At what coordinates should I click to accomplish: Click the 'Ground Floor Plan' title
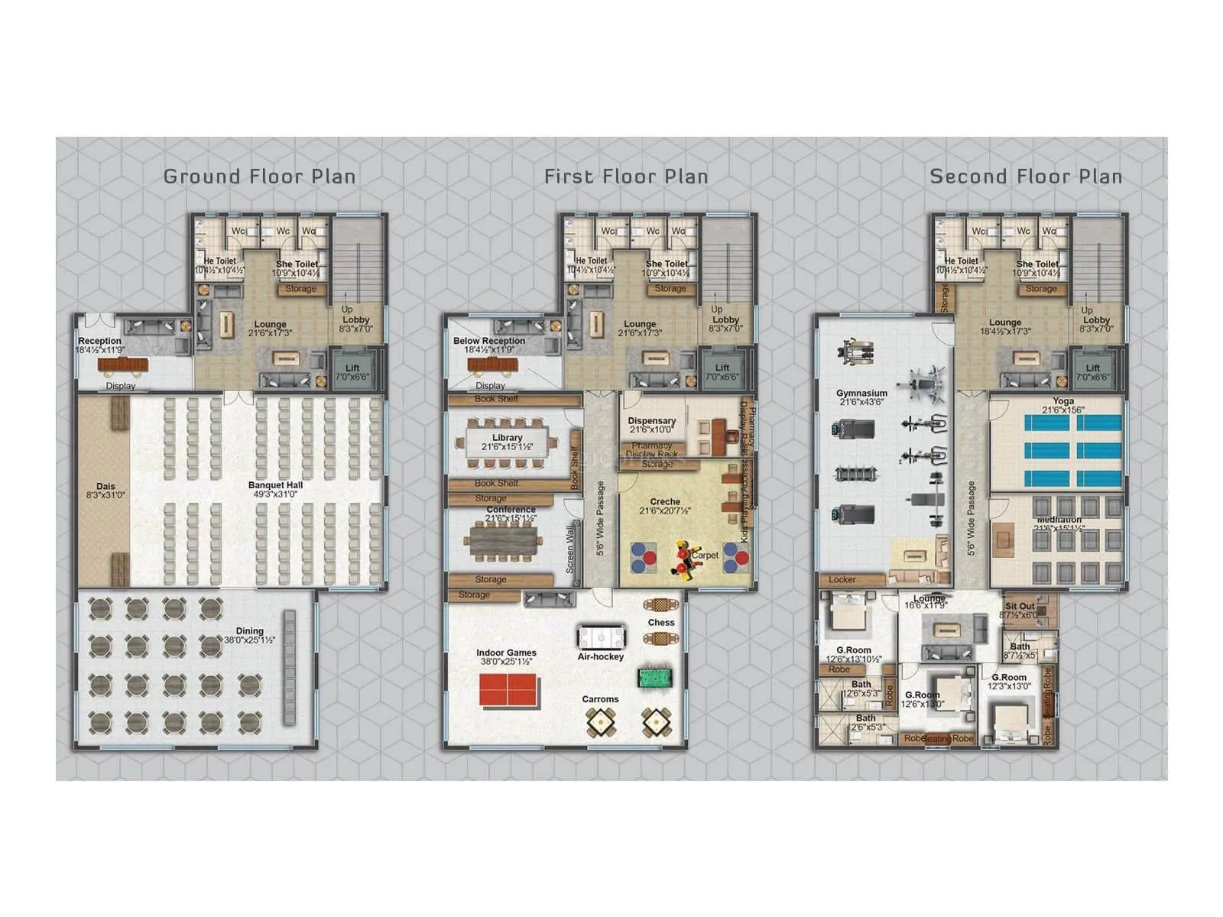(x=259, y=177)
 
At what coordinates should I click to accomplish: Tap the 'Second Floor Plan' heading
(x=1026, y=177)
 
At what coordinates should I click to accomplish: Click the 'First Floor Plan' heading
(x=626, y=177)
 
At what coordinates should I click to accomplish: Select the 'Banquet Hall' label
(x=275, y=485)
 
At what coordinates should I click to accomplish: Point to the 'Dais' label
(x=105, y=487)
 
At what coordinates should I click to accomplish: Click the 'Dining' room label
(x=249, y=631)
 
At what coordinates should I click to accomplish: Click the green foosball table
(x=654, y=678)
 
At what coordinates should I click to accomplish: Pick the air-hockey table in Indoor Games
(x=601, y=637)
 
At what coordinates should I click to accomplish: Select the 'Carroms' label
(x=600, y=699)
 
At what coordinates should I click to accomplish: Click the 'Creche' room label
(x=665, y=502)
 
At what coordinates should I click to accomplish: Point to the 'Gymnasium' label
(x=861, y=394)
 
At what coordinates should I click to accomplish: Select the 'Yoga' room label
(x=1062, y=401)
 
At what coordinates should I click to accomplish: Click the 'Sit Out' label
(x=1020, y=606)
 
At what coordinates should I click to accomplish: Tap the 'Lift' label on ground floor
(x=352, y=368)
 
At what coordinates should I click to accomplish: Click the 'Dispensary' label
(x=651, y=421)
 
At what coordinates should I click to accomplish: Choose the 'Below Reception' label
(x=489, y=341)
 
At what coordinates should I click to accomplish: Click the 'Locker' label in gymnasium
(x=842, y=580)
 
